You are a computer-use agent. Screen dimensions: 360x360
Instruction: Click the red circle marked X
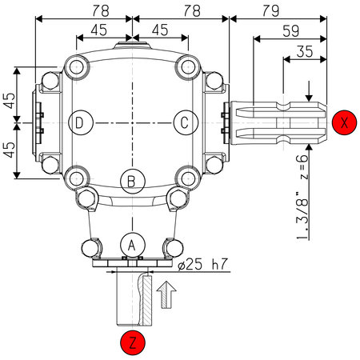(x=343, y=122)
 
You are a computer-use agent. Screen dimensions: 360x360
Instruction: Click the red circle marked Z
(x=132, y=343)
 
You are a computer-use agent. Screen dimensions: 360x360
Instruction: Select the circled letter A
(x=132, y=242)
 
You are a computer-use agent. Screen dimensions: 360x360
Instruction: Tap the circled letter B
(x=132, y=179)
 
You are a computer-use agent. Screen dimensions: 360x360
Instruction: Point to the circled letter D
(x=80, y=122)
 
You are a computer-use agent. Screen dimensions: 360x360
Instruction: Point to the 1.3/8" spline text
(x=301, y=214)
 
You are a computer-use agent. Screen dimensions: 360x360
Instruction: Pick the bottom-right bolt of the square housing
(x=187, y=177)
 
